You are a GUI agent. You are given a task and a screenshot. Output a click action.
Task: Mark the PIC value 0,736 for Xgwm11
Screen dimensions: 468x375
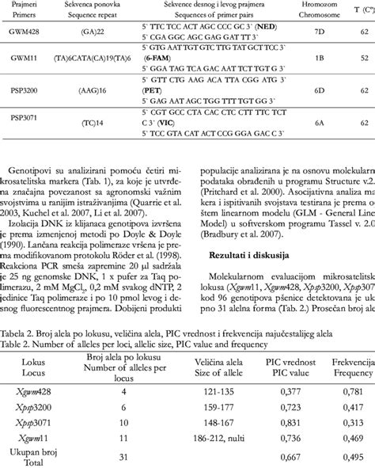pyautogui.click(x=290, y=436)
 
